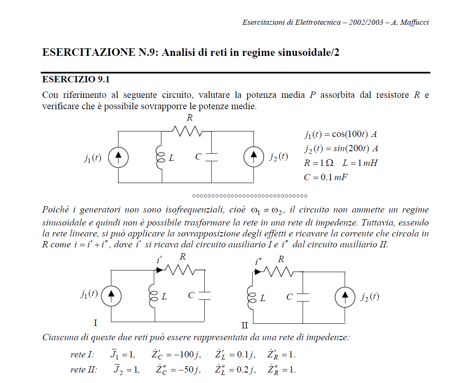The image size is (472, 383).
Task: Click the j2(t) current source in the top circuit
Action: click(254, 157)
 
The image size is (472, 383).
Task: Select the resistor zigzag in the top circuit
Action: click(189, 131)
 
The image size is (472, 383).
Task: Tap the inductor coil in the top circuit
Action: click(161, 157)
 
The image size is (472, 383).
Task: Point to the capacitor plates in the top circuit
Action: click(211, 157)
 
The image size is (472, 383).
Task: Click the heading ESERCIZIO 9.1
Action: click(76, 79)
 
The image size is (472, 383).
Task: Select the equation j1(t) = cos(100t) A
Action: click(340, 134)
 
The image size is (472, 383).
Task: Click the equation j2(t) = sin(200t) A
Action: click(341, 149)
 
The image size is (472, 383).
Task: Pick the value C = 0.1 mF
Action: click(325, 177)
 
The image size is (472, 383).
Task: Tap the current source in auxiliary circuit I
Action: click(111, 295)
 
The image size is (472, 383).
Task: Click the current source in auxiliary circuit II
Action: click(345, 297)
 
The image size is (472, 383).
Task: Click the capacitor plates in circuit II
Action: click(303, 297)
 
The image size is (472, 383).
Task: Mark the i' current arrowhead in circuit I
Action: click(160, 270)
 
